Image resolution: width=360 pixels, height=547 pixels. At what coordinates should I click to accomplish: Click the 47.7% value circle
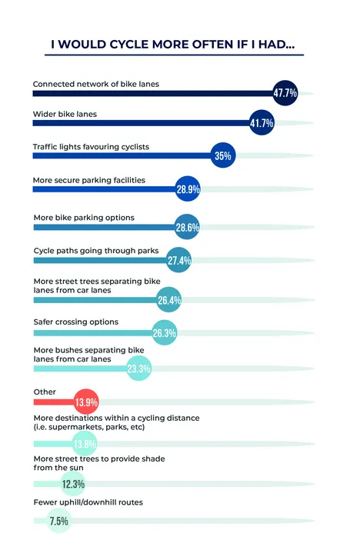(285, 93)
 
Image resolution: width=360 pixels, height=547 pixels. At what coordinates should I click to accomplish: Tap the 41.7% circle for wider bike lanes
(262, 122)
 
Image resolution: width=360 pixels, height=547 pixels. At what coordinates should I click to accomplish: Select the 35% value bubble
(223, 155)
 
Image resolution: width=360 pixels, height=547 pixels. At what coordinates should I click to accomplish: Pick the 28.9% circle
(188, 188)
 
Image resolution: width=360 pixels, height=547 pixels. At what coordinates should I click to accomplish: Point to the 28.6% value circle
(187, 227)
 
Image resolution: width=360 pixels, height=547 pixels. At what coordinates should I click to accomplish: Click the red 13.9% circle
(86, 402)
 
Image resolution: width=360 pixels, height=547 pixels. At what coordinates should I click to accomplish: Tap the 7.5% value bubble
(59, 521)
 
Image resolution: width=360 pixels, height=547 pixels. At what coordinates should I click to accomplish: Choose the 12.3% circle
(73, 483)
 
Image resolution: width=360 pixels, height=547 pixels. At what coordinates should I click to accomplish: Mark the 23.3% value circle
(138, 368)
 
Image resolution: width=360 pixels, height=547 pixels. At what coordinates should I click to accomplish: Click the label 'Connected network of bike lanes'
(96, 84)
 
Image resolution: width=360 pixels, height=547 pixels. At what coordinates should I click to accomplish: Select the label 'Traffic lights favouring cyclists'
(91, 147)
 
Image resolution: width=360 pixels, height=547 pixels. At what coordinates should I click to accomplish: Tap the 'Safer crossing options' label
(76, 322)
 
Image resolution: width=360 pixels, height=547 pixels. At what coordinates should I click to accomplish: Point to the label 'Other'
(45, 392)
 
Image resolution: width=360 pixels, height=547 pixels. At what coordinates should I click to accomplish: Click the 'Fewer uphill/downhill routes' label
(88, 502)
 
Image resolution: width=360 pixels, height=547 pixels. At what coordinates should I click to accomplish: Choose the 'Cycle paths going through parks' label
(96, 251)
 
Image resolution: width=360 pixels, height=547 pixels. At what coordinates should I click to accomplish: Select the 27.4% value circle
(179, 260)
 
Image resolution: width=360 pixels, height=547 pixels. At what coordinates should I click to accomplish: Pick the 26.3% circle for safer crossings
(165, 332)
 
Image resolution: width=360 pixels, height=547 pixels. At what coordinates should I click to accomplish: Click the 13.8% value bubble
(85, 443)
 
